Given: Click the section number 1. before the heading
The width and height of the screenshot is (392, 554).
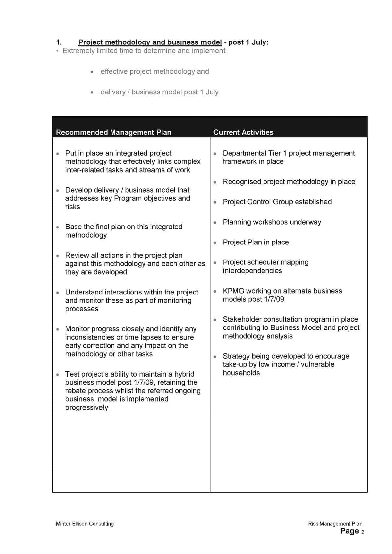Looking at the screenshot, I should (x=59, y=42).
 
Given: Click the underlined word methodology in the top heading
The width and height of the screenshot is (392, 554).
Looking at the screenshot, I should (x=128, y=42).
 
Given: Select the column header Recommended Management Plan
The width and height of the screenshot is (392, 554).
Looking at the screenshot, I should (x=113, y=132).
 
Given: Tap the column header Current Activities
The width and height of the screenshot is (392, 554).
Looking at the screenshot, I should (x=243, y=132).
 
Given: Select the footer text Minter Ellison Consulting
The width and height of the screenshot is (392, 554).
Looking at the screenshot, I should (x=85, y=524).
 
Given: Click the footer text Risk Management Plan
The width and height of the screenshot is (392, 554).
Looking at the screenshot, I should (x=335, y=524).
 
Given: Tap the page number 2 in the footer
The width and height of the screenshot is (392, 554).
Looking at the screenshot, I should (x=362, y=532).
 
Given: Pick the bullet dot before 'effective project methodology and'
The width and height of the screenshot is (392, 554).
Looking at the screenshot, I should (x=92, y=72).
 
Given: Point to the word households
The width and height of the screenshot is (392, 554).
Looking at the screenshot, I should (x=241, y=373).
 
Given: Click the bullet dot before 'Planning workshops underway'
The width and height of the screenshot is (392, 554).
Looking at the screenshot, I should (x=215, y=223).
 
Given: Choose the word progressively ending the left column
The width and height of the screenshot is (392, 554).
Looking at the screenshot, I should (x=86, y=408).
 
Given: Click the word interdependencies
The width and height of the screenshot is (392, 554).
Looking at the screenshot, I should (x=252, y=271).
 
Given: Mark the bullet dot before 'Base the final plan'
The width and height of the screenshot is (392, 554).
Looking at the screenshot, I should (x=58, y=227).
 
